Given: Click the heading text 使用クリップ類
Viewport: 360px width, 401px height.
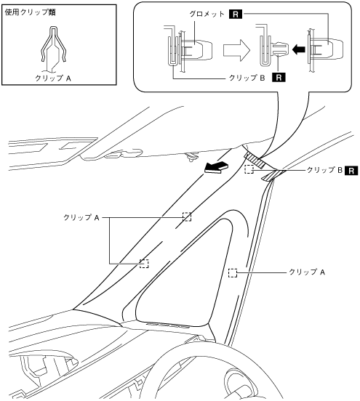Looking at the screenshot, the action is click(31, 12).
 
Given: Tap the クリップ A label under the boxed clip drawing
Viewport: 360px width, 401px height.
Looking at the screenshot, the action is click(53, 78).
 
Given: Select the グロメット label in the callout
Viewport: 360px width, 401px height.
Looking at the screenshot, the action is click(207, 14).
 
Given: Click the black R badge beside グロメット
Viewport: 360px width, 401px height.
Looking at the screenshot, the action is click(236, 14).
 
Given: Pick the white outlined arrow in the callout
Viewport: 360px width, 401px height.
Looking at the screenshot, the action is click(236, 49).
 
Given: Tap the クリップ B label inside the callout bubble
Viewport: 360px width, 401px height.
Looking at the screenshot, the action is click(247, 78).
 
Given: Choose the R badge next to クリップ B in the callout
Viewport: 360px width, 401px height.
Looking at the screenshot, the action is click(279, 78).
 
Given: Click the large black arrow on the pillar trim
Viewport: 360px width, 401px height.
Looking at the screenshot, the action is click(216, 168).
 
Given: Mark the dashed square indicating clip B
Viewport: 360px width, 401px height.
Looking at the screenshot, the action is click(249, 169).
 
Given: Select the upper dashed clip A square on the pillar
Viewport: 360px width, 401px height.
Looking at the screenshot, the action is click(187, 216).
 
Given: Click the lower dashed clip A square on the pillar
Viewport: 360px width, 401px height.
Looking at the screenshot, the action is click(144, 264).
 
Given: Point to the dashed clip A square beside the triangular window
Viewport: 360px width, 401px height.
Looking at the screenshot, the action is click(233, 273).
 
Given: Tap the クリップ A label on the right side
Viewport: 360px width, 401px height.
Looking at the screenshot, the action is click(307, 272).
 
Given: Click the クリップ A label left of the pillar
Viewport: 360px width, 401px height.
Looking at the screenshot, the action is click(81, 217).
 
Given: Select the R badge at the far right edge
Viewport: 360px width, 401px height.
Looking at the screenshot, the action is click(351, 170).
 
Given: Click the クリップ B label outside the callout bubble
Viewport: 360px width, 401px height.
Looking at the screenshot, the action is click(324, 170).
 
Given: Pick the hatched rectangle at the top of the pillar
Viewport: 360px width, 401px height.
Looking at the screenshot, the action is click(255, 160).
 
